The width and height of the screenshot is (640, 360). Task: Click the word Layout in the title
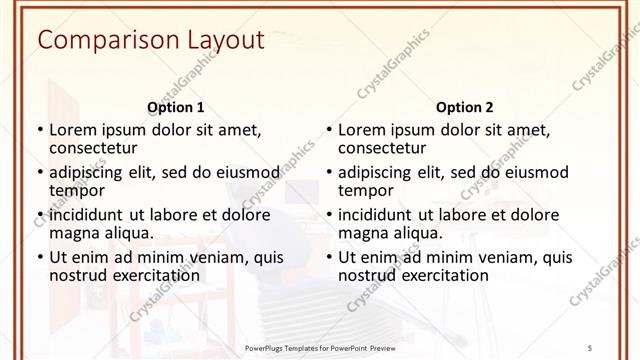click(x=222, y=41)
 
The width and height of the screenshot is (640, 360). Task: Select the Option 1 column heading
click(x=176, y=107)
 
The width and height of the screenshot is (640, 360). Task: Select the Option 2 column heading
click(x=465, y=107)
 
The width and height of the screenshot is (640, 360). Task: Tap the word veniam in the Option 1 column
click(x=207, y=257)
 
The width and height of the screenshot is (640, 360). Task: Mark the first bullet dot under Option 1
click(x=39, y=130)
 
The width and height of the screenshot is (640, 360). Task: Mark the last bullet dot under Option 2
click(x=328, y=257)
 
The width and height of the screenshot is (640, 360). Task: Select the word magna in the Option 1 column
click(x=75, y=233)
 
